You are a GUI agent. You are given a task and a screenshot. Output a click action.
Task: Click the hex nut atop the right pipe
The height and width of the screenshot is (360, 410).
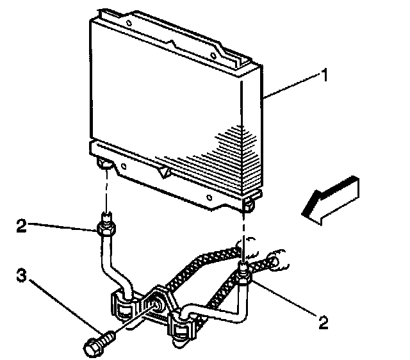[243, 277]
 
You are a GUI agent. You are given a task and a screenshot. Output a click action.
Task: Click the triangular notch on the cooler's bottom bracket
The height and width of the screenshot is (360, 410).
[164, 172]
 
